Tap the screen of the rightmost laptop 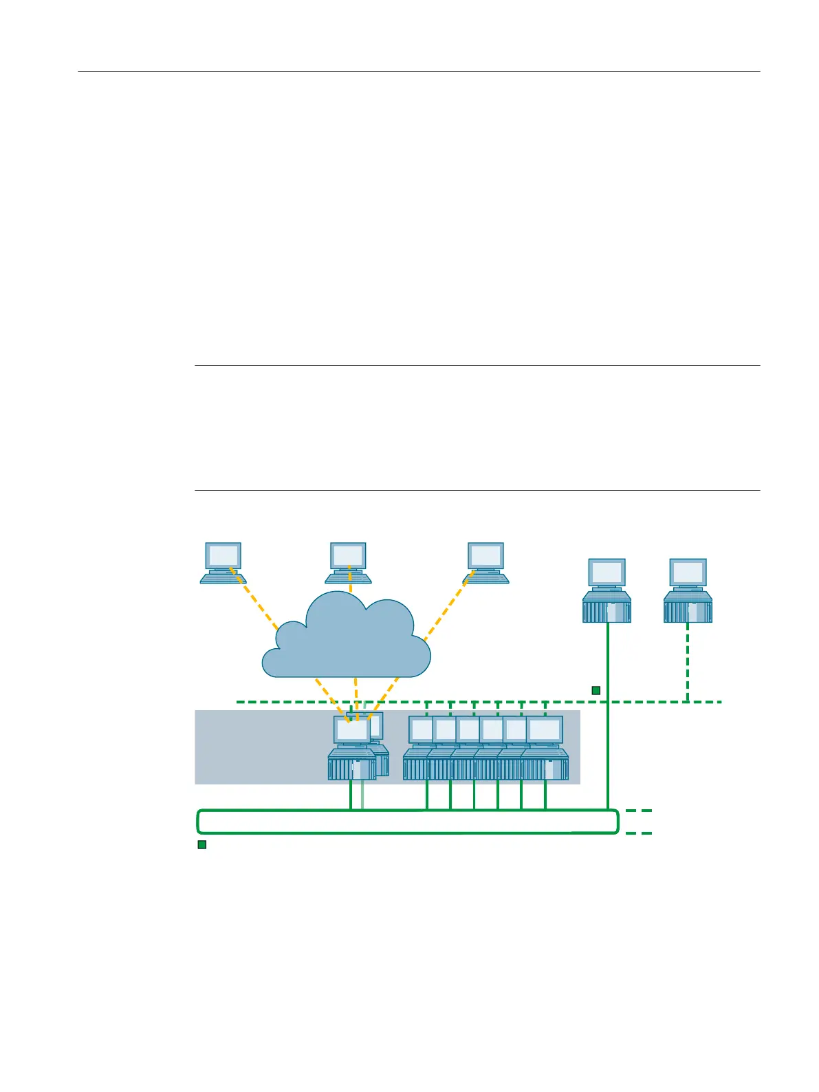(x=486, y=555)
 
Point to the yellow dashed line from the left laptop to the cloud (x=256, y=600)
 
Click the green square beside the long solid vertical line (x=596, y=690)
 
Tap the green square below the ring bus (x=202, y=844)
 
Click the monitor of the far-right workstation (x=688, y=572)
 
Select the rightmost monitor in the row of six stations (x=545, y=729)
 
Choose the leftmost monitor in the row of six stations (x=420, y=729)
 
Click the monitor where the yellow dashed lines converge (x=352, y=729)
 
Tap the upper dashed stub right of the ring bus (x=639, y=811)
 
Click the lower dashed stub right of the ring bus (x=639, y=833)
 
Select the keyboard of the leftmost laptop (x=223, y=579)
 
